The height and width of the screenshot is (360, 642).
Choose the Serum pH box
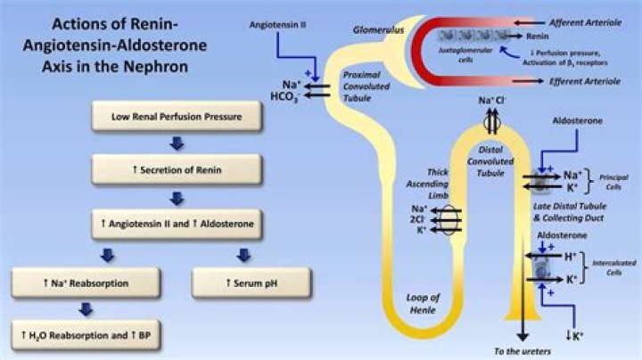242,282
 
